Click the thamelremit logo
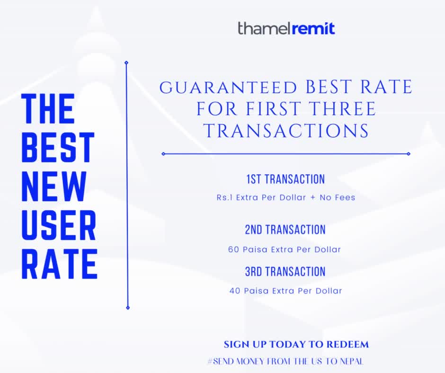click(x=286, y=29)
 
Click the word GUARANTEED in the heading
click(x=228, y=88)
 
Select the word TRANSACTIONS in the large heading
click(x=286, y=131)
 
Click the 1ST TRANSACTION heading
click(x=285, y=179)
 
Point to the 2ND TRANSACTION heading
click(x=285, y=230)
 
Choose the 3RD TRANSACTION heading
click(x=285, y=271)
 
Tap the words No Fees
click(x=338, y=197)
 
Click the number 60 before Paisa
click(x=233, y=249)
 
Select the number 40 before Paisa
click(x=235, y=291)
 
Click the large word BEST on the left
click(x=58, y=148)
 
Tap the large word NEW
click(x=53, y=186)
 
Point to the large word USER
click(x=59, y=225)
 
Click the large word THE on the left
click(x=48, y=109)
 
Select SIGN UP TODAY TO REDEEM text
click(x=296, y=344)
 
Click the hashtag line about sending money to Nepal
click(x=285, y=361)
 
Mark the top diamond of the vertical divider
click(x=126, y=63)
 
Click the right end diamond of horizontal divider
click(x=409, y=154)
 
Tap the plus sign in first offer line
click(x=313, y=197)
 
